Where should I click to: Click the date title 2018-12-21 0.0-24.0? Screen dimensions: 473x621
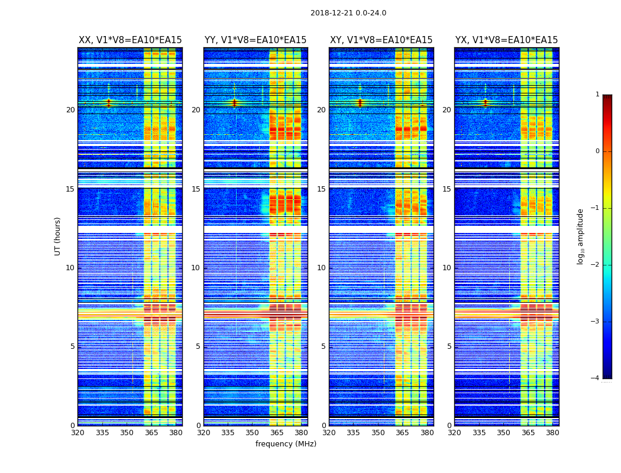[x=348, y=13]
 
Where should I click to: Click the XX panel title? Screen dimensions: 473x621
[x=130, y=40]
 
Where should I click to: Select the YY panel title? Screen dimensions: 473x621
[x=255, y=40]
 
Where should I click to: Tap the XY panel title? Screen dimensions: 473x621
[x=381, y=40]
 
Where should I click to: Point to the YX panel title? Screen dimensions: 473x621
[x=506, y=40]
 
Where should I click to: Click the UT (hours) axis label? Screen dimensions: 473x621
[x=58, y=236]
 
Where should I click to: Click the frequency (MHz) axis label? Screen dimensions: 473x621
[x=286, y=444]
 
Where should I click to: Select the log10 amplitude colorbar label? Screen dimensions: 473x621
[x=581, y=236]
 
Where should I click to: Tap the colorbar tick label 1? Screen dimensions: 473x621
[x=597, y=95]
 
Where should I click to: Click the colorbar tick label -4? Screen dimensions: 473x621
[x=596, y=378]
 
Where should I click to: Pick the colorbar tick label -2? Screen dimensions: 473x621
[x=596, y=265]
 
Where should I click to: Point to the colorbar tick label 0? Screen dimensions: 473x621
[x=597, y=151]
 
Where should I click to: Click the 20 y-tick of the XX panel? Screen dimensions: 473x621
[x=70, y=110]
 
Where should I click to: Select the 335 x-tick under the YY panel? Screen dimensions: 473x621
[x=228, y=433]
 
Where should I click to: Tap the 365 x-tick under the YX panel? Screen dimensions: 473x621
[x=528, y=433]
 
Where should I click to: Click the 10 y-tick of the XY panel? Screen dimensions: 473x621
[x=321, y=268]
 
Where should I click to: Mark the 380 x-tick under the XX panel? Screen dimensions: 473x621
[x=176, y=433]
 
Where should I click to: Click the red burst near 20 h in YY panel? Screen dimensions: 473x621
[x=234, y=103]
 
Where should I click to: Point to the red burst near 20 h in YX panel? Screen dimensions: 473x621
[x=486, y=103]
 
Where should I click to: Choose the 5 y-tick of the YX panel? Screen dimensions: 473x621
[x=449, y=346]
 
